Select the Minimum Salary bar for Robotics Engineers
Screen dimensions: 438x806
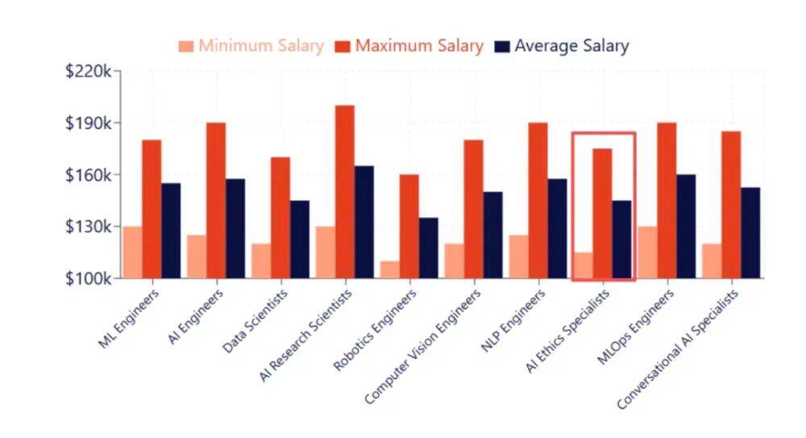point(390,269)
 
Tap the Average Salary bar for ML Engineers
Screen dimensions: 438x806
point(171,231)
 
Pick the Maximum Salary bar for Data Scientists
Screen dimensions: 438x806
point(280,218)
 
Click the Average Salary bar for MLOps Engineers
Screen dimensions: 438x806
point(686,227)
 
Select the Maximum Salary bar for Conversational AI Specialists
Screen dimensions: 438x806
point(731,205)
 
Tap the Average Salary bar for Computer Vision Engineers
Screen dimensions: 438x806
point(492,235)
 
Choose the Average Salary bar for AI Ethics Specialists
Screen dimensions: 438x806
point(621,240)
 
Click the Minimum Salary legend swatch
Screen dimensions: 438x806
point(186,47)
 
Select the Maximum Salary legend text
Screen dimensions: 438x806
point(419,46)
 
